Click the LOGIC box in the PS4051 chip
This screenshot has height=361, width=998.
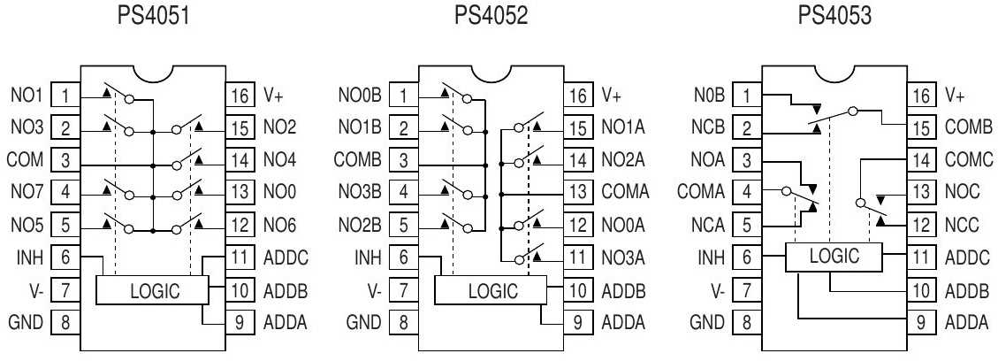coord(151,289)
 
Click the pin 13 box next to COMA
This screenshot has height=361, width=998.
coord(578,189)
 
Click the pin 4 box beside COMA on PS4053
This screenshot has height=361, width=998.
coord(748,189)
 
